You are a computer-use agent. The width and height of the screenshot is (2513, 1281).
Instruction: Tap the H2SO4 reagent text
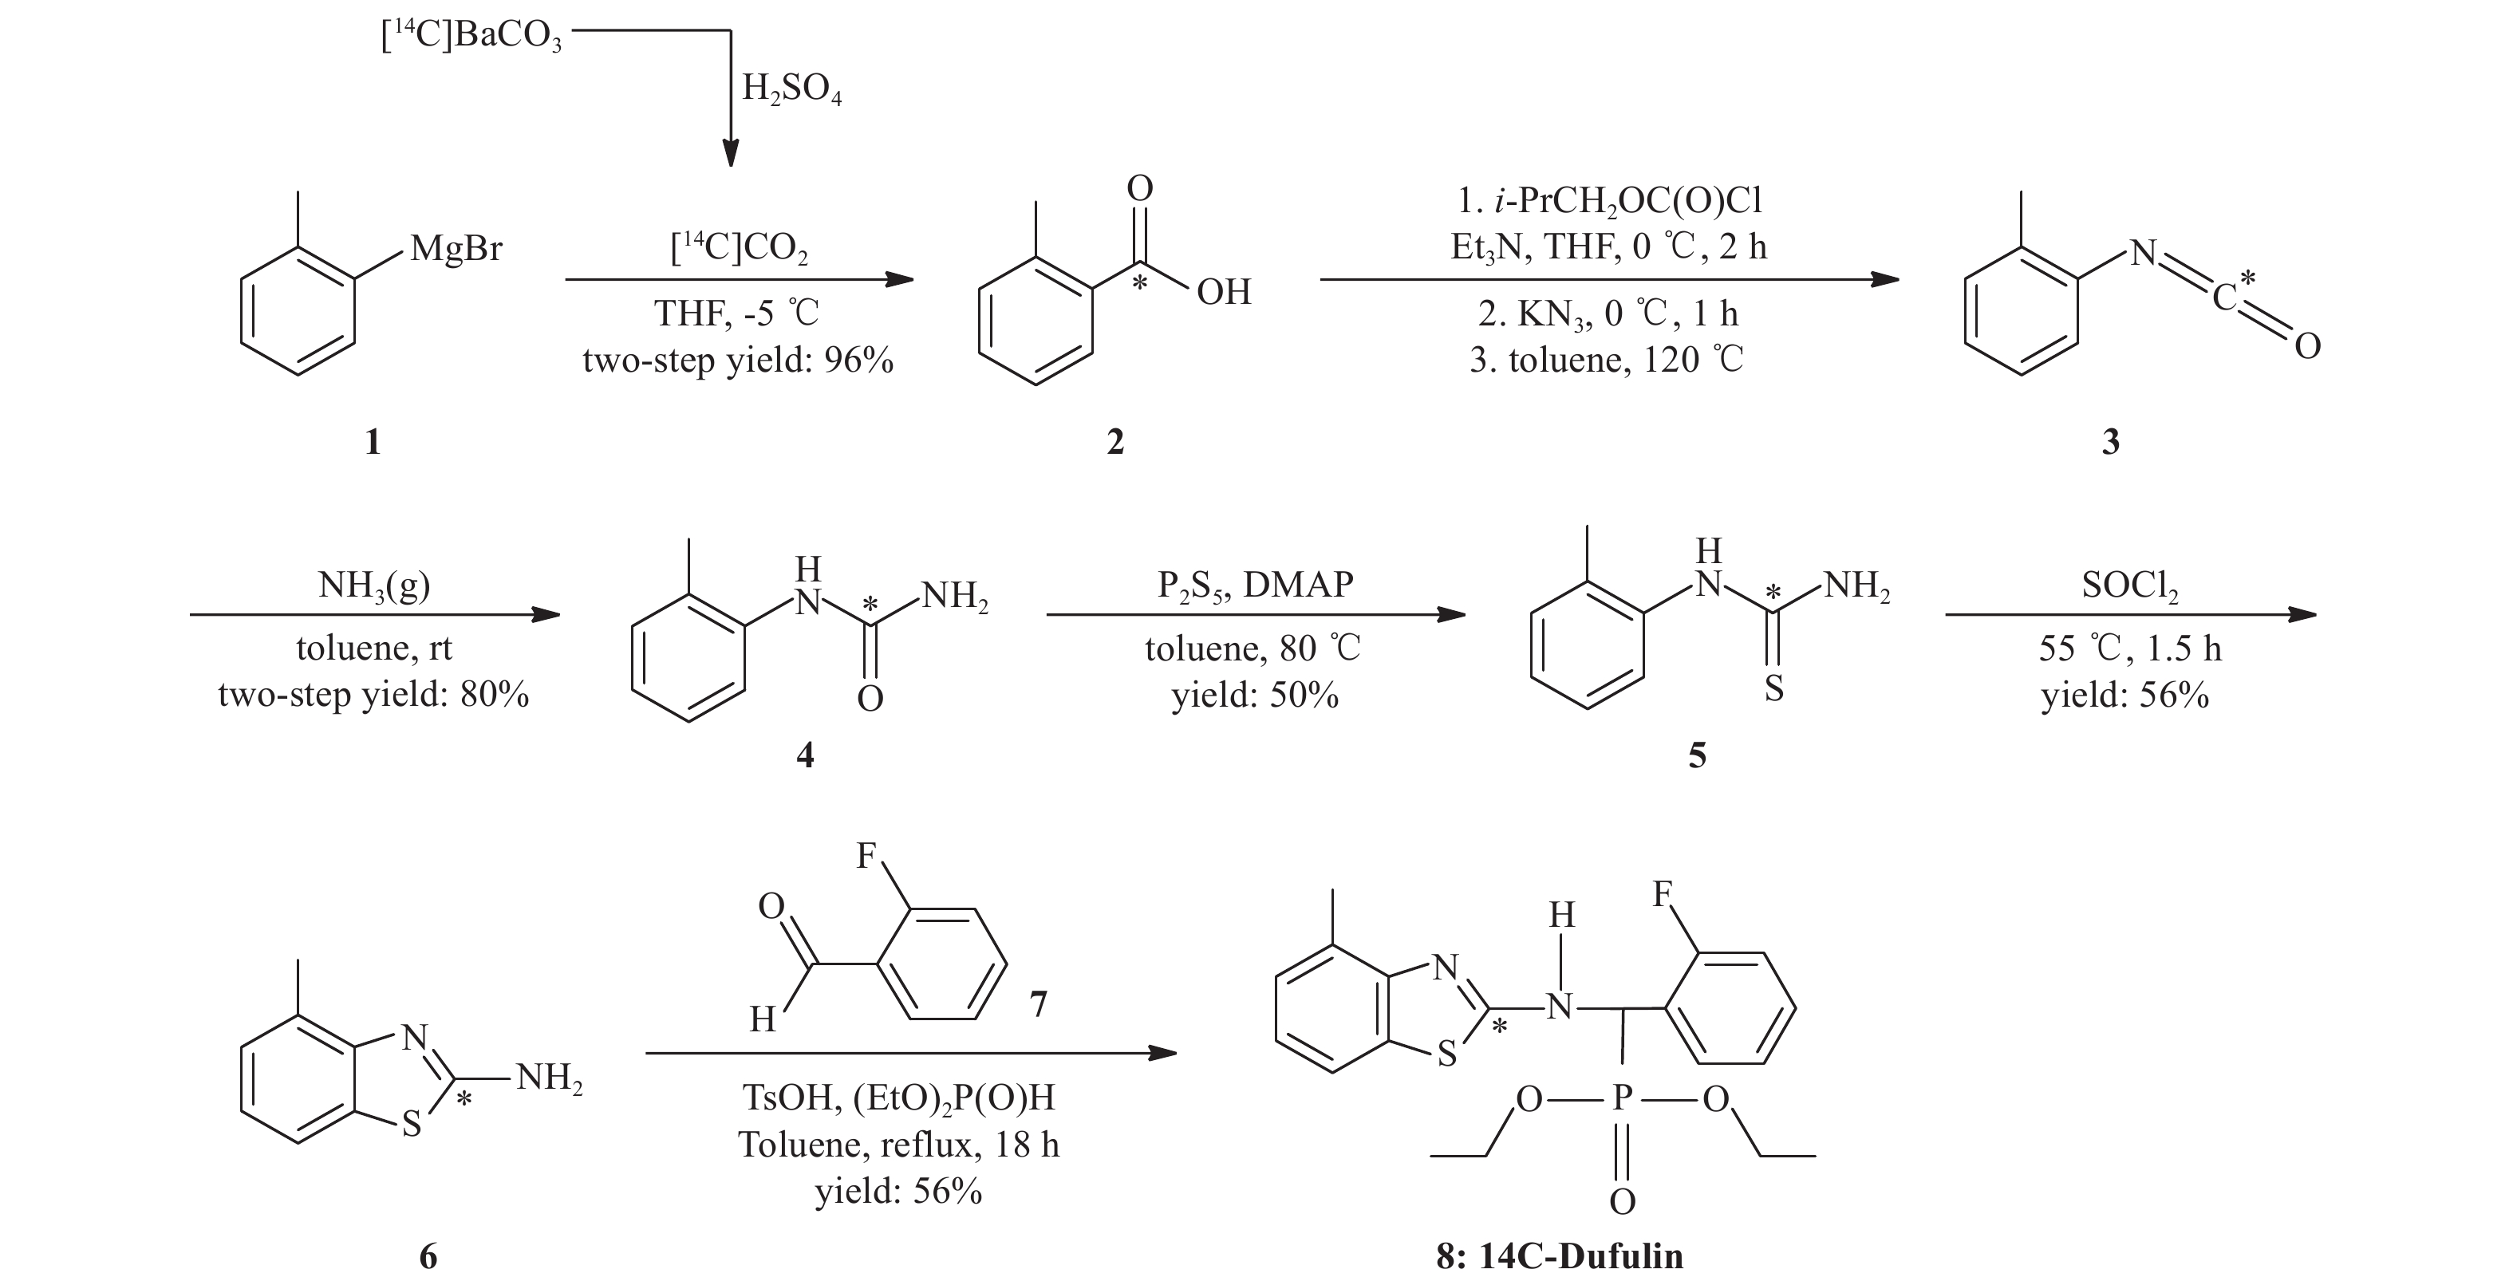791,90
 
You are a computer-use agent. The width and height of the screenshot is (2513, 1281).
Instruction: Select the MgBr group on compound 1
456,249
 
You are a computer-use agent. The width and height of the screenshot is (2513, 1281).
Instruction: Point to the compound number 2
1115,442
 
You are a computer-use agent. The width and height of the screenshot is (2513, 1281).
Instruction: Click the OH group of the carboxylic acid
1223,292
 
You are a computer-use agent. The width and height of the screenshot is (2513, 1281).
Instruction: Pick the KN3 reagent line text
1608,314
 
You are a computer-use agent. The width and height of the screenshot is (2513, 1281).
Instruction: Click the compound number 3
2110,442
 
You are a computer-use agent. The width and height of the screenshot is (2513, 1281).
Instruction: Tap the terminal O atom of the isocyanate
2307,346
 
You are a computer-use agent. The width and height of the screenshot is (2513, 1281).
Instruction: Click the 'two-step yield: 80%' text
373,696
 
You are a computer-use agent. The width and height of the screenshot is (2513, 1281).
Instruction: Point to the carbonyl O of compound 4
870,699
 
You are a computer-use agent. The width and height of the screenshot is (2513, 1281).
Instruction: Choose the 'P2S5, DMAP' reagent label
1256,585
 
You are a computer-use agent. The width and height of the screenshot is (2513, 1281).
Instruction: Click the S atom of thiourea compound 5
1773,689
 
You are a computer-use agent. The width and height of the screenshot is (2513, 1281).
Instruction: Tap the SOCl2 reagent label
2129,585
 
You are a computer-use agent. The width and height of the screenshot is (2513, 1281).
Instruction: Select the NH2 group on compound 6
549,1078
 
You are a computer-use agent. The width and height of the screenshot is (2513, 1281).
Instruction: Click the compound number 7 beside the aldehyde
1038,1004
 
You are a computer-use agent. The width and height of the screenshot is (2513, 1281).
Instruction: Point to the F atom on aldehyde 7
866,856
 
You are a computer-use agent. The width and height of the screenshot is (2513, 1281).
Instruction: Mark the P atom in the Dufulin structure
1621,1099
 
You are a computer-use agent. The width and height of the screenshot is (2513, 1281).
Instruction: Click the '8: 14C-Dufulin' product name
1559,1255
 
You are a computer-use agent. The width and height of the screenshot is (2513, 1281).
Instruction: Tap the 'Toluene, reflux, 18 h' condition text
898,1145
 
